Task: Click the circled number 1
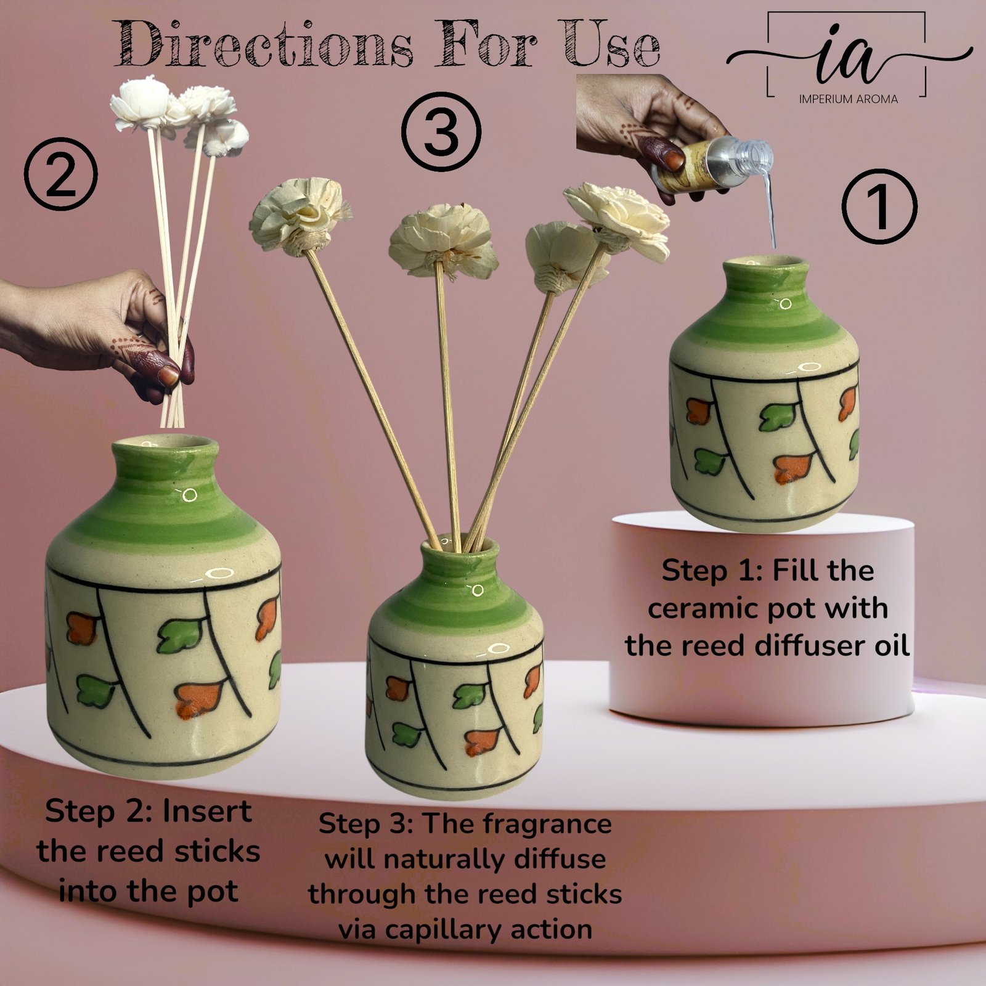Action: coord(879,206)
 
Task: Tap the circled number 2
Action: coord(60,174)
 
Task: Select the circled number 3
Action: coord(441,131)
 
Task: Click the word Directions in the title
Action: coord(264,44)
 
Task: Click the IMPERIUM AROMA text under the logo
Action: coord(848,99)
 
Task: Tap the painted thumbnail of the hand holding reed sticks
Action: coord(168,375)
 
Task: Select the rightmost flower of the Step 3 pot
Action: coord(617,219)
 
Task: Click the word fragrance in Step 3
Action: coord(518,825)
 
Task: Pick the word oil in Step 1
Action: coord(889,646)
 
